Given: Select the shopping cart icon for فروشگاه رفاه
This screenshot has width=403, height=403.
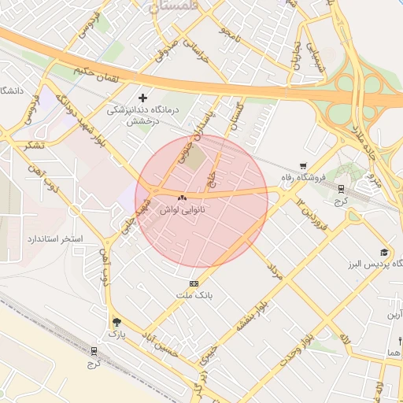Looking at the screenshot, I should point(303,166).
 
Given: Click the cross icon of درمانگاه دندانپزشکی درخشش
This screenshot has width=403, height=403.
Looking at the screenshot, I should point(142,97).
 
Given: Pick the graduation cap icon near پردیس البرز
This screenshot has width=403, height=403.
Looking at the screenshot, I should point(383,253).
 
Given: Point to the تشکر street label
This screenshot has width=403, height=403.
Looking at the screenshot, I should point(35,146).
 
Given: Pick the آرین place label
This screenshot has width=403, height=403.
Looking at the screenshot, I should point(394,315).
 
